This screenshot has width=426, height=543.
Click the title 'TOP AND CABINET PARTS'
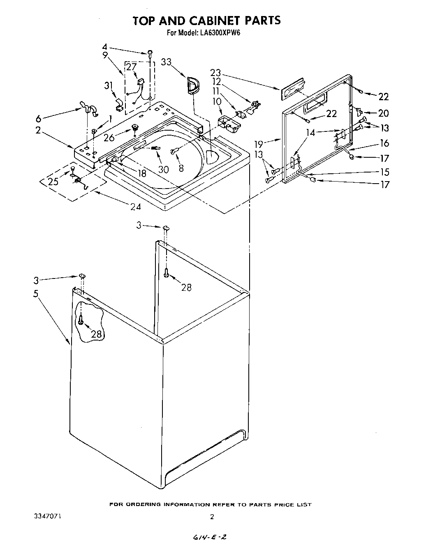pyautogui.click(x=206, y=21)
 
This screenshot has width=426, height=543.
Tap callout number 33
pyautogui.click(x=167, y=62)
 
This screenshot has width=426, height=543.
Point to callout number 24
pyautogui.click(x=135, y=207)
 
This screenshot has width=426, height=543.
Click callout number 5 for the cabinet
pyautogui.click(x=36, y=294)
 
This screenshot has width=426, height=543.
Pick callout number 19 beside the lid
pyautogui.click(x=259, y=144)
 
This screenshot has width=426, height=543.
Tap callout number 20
pyautogui.click(x=383, y=113)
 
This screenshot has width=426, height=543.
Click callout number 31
pyautogui.click(x=109, y=85)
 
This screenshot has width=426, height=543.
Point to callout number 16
pyautogui.click(x=384, y=143)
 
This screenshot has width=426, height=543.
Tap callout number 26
pyautogui.click(x=109, y=138)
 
